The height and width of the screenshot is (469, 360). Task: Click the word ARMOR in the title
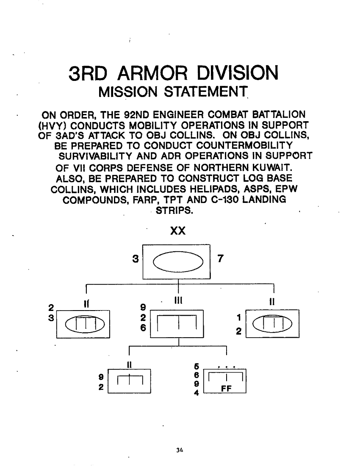(157, 73)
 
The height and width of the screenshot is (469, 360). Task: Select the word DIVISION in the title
(239, 73)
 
